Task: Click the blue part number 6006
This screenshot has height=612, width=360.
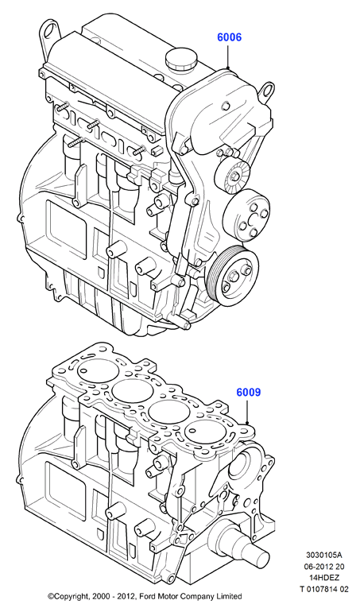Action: pyautogui.click(x=229, y=37)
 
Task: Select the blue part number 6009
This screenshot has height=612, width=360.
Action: pyautogui.click(x=248, y=392)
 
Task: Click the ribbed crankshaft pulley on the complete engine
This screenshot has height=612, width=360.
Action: pyautogui.click(x=233, y=273)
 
